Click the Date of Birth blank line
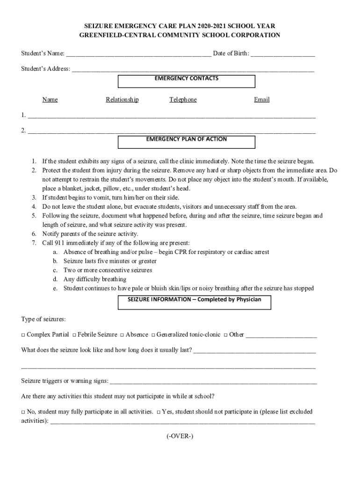click(282, 54)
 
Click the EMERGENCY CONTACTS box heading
click(186, 79)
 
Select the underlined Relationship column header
click(122, 100)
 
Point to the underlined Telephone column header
click(183, 100)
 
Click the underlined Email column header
click(262, 100)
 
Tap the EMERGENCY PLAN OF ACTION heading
click(186, 139)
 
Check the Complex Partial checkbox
click(23, 335)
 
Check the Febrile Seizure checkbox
click(74, 335)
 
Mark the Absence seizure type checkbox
click(122, 335)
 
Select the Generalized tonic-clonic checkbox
click(153, 335)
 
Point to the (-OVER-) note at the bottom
click(180, 436)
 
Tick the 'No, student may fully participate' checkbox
click(23, 412)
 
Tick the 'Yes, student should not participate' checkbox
click(158, 412)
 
